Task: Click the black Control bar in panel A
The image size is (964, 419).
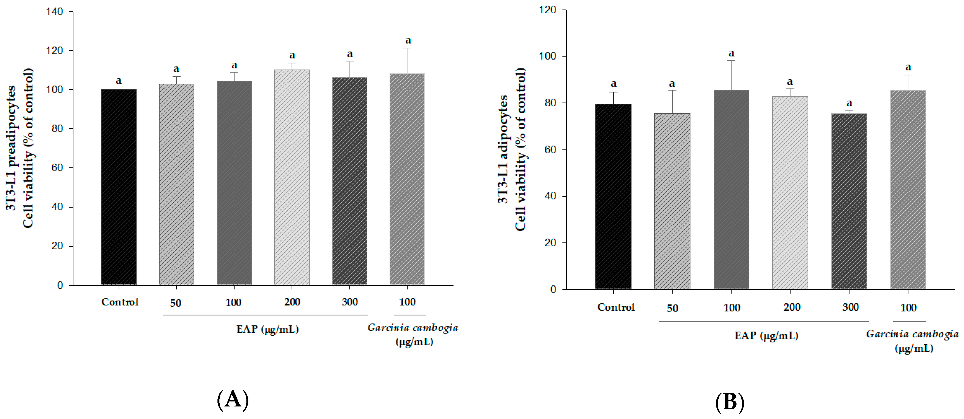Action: pos(119,187)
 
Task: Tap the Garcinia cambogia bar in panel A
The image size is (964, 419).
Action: pos(407,180)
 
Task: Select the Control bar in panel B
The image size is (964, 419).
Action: pos(613,196)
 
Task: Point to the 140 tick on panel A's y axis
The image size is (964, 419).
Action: pos(55,12)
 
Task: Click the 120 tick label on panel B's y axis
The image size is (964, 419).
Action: pos(547,10)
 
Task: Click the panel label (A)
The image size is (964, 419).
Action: pos(233,399)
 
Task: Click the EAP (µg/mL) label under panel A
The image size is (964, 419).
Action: pos(268,329)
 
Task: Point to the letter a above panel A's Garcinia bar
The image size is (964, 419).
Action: pos(408,40)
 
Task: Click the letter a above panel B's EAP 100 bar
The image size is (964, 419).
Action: pos(731,53)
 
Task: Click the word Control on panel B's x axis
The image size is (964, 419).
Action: pos(616,307)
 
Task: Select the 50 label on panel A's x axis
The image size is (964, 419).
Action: pos(175,303)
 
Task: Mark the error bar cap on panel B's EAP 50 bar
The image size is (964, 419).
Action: pos(672,90)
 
